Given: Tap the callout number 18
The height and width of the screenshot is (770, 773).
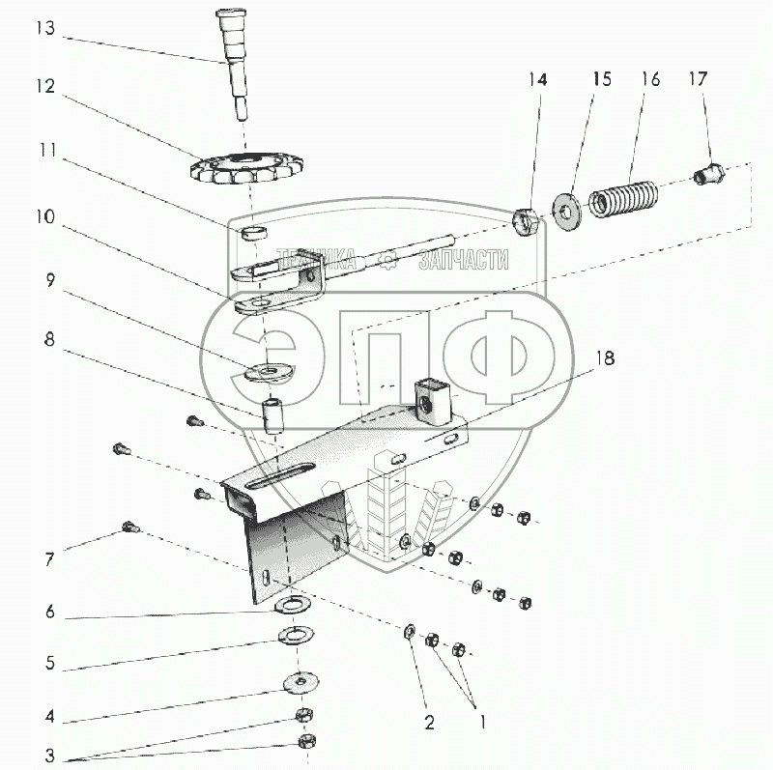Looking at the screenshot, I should click(605, 357).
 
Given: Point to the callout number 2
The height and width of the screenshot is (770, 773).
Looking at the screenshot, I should click(429, 721).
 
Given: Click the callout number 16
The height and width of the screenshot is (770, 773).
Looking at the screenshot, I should click(649, 79).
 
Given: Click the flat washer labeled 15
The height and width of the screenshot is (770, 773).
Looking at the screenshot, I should click(564, 207).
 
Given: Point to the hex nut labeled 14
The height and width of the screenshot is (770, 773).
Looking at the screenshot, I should click(527, 221).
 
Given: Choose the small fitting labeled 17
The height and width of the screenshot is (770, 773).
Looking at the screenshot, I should click(709, 177).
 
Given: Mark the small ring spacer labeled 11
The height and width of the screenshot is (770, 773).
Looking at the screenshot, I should click(254, 233).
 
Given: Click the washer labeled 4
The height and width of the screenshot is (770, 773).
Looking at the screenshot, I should click(302, 682).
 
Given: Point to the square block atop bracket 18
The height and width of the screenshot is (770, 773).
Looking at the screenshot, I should click(428, 398).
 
